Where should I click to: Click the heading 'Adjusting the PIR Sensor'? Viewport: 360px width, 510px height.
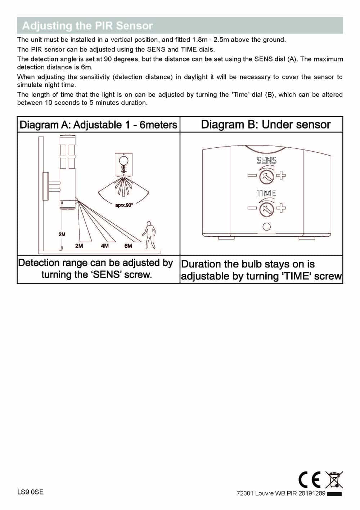coord(87,26)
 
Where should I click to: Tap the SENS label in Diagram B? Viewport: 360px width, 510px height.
coord(266,161)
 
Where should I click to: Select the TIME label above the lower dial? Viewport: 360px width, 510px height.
coord(266,193)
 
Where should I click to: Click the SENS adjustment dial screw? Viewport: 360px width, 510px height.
coord(267,176)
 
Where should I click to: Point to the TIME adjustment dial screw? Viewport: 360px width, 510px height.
coord(267,208)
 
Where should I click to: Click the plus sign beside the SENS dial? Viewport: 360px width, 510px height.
coord(281,176)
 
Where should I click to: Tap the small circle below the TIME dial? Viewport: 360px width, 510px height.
coord(267,227)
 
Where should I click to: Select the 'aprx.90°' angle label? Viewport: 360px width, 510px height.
coord(124,205)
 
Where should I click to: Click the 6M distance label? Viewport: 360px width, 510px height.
coord(128,246)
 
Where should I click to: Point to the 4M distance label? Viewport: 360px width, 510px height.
coord(105,246)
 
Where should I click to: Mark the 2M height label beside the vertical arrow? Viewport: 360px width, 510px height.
coord(62,234)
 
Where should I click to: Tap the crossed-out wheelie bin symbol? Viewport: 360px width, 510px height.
coord(334,480)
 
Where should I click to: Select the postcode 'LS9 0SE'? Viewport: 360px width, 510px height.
coord(30,492)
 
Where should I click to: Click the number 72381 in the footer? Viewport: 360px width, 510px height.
coord(245,493)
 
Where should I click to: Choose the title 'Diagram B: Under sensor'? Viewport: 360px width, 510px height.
coord(265,125)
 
